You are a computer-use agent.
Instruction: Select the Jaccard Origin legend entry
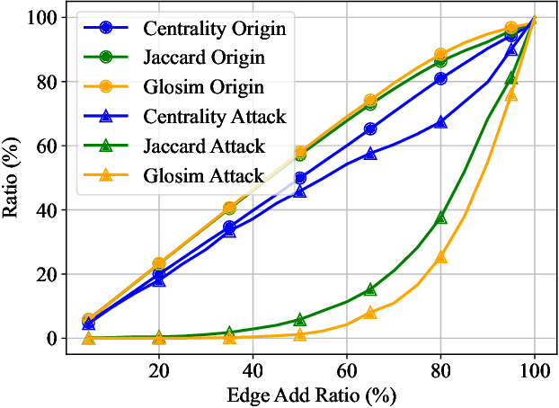(x=202, y=58)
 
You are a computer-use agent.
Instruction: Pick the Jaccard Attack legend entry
(x=202, y=146)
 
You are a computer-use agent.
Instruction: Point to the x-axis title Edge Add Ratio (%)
(x=312, y=394)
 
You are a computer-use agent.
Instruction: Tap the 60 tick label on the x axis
(x=347, y=368)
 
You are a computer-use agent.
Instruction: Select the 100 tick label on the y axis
(x=47, y=18)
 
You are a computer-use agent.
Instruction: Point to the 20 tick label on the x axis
(x=159, y=368)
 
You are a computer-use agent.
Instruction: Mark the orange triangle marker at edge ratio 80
(x=441, y=257)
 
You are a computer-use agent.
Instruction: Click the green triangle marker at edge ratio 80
(x=441, y=217)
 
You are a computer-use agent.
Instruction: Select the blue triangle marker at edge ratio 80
(x=441, y=121)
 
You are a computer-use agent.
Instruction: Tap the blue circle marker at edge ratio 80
(x=441, y=79)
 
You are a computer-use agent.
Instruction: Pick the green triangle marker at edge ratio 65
(x=370, y=289)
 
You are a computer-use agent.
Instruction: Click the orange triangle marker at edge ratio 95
(x=511, y=94)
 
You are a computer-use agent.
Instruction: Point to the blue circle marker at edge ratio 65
(x=370, y=129)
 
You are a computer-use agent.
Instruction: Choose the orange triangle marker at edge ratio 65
(x=370, y=313)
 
